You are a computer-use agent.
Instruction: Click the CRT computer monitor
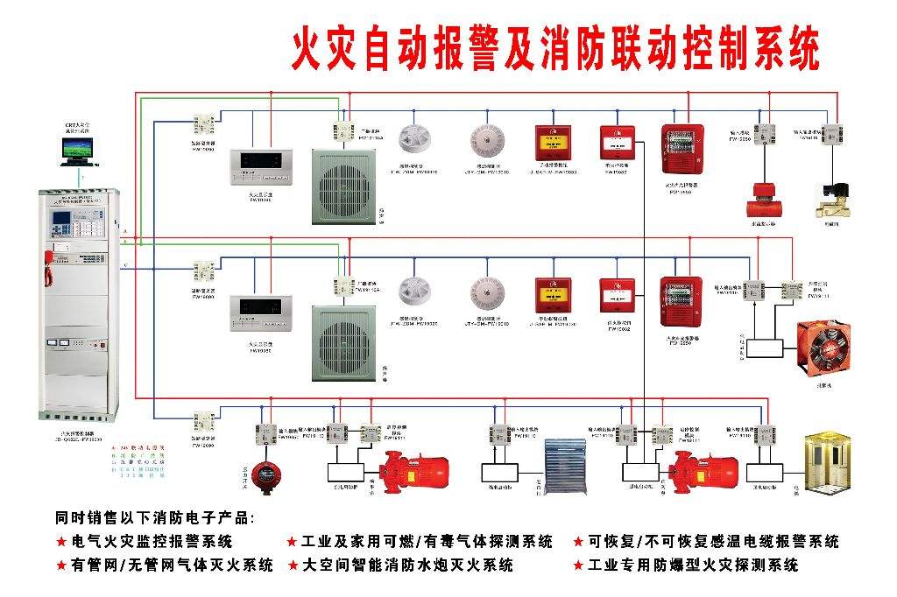76,151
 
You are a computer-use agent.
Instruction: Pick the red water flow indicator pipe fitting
760,201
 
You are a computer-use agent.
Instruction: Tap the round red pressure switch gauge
264,474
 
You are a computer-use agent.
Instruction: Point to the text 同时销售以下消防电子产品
154,517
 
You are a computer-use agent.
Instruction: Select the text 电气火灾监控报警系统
152,542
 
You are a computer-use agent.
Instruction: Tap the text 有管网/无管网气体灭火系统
172,565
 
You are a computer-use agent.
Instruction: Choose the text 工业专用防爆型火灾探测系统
693,565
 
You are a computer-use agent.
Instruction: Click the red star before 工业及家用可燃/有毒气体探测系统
293,542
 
